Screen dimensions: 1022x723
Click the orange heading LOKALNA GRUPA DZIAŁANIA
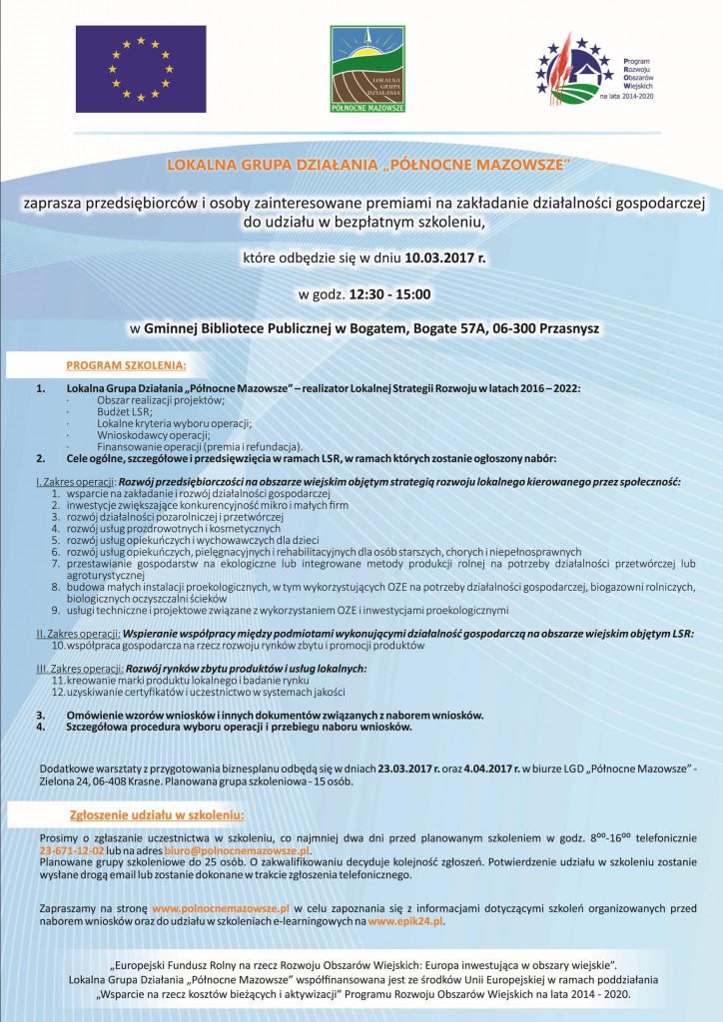(361, 163)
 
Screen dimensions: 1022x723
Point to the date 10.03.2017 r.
(446, 261)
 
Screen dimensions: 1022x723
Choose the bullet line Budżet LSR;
(124, 411)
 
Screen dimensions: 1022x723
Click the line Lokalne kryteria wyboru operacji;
(159, 423)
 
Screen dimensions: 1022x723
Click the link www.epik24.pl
(405, 922)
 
